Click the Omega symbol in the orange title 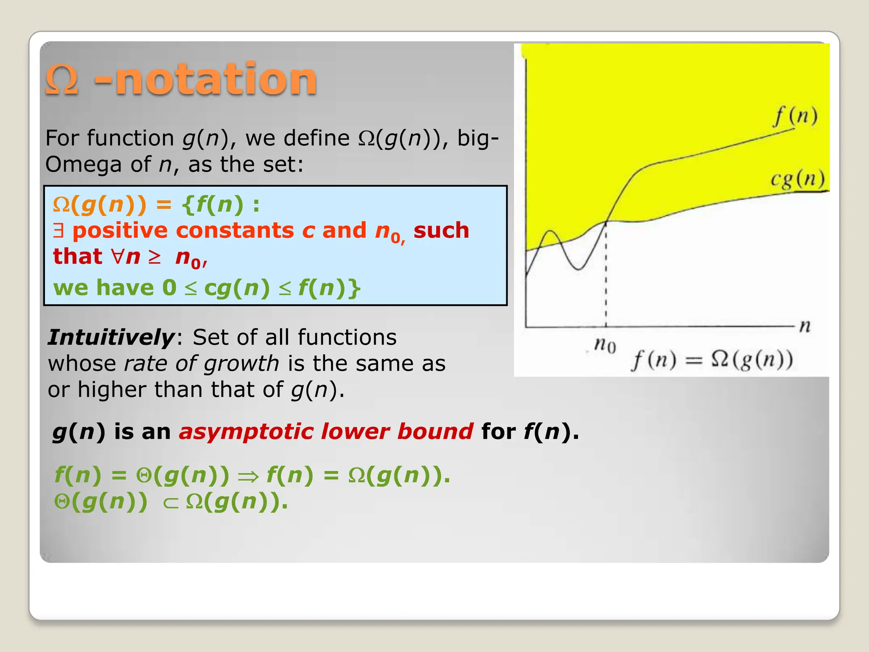pyautogui.click(x=62, y=80)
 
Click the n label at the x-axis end pyautogui.click(x=805, y=326)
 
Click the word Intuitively pyautogui.click(x=111, y=337)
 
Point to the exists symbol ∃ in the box pyautogui.click(x=59, y=230)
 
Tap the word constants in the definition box pyautogui.click(x=235, y=230)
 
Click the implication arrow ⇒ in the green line pyautogui.click(x=248, y=476)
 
